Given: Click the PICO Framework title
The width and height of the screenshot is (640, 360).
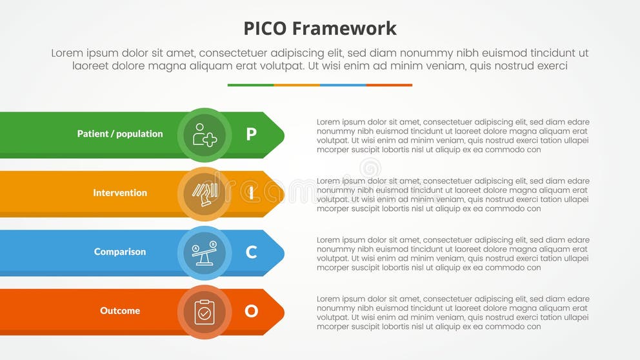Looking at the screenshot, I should tap(320, 28).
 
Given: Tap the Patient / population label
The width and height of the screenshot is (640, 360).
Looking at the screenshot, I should tap(120, 134).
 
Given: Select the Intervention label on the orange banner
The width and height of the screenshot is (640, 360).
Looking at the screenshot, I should tap(120, 193).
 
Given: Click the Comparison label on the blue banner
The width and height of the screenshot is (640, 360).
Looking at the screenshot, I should tap(120, 252).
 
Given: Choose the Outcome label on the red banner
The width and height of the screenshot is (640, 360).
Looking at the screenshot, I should tap(120, 311).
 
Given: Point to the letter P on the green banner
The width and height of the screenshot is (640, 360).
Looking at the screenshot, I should tap(251, 134).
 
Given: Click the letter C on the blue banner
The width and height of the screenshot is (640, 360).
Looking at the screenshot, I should tap(251, 252).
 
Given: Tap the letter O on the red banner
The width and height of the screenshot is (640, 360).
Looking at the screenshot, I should tap(251, 311).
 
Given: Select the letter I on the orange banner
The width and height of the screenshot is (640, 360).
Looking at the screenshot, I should tap(251, 193).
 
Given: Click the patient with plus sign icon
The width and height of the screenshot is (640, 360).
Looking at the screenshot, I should tap(205, 135).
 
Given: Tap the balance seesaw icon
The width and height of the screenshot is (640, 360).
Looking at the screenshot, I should tap(205, 252).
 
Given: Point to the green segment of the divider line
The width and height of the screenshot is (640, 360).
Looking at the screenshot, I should tap(250, 85).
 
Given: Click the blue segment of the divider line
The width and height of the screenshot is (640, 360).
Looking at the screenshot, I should tap(343, 85).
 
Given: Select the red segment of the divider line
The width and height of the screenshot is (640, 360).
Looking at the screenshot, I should tap(389, 85).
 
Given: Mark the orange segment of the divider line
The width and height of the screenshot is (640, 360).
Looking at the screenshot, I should tap(297, 85).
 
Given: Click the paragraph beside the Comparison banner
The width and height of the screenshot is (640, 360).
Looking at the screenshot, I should tap(453, 254).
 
